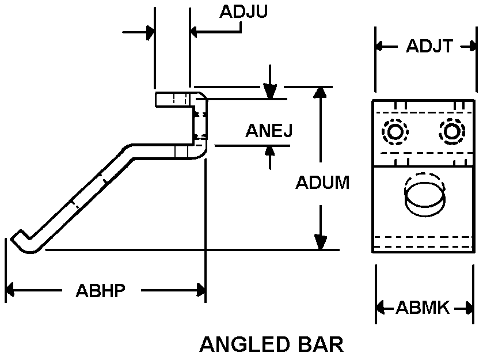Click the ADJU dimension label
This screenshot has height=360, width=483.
click(243, 12)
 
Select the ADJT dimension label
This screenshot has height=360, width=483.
click(429, 47)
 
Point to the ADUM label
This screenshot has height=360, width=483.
click(322, 183)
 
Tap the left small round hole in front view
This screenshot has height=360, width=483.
click(395, 132)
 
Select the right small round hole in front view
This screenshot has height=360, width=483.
click(451, 132)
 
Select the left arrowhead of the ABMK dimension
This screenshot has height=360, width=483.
click(382, 308)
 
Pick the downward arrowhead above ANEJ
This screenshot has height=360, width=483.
click(269, 93)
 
